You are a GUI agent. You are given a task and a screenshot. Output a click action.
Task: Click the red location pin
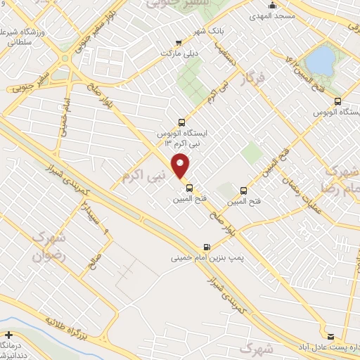(x=181, y=166)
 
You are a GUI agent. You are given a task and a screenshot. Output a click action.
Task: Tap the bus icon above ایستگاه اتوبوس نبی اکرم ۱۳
(x=183, y=121)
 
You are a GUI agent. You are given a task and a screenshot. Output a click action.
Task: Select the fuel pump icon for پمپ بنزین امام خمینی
(x=206, y=247)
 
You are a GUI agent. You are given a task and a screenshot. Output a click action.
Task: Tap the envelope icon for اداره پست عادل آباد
(x=330, y=336)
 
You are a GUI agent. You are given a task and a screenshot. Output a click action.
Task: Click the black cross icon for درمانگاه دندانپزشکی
(x=8, y=335)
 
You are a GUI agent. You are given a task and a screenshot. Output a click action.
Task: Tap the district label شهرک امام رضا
(x=343, y=180)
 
